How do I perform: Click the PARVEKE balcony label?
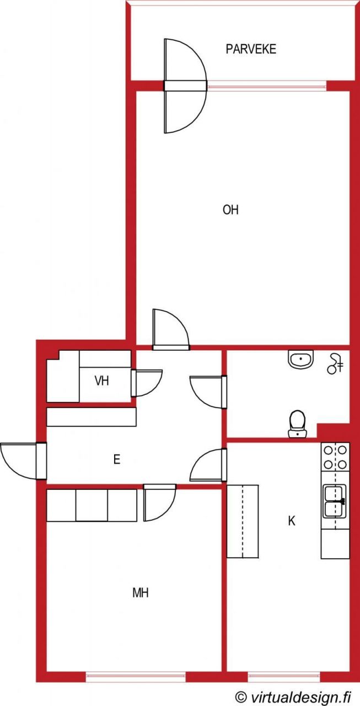251,49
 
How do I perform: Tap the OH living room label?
230,210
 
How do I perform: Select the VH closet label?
102,381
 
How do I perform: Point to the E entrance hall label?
116,459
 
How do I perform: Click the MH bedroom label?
141,593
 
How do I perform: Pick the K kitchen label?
292,521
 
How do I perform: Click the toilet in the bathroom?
297,424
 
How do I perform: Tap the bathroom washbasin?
301,359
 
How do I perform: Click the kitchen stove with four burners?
335,457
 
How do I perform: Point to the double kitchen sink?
335,501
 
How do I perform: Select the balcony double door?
185,85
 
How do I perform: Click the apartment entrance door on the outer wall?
23,461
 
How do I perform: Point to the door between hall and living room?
171,329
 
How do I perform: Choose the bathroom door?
208,392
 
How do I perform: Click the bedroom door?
160,502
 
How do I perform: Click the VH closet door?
147,383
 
